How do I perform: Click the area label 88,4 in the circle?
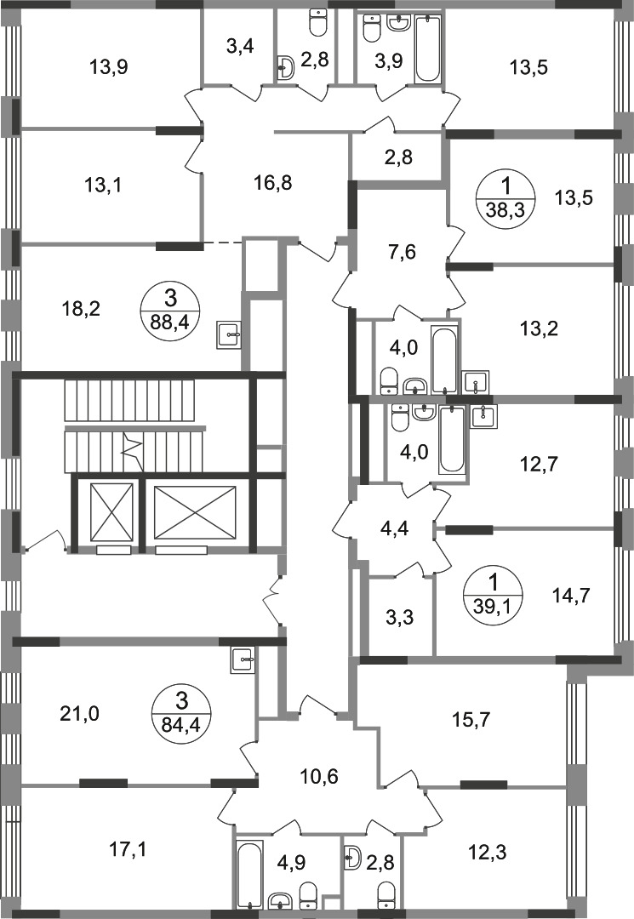tap(170, 322)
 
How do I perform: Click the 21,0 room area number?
tap(80, 714)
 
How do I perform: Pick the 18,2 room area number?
tap(81, 309)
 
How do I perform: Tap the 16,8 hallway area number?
tap(273, 184)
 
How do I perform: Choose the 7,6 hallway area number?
tap(402, 254)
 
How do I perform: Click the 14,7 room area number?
tap(571, 596)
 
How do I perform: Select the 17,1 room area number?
tap(129, 848)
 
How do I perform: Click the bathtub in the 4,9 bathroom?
tap(249, 875)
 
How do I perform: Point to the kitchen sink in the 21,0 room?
tap(243, 658)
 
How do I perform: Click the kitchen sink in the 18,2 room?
tap(229, 334)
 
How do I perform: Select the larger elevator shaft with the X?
tap(195, 511)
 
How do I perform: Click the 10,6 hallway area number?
tap(320, 777)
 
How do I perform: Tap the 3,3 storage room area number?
tap(401, 617)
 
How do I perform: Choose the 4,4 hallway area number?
tap(394, 528)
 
